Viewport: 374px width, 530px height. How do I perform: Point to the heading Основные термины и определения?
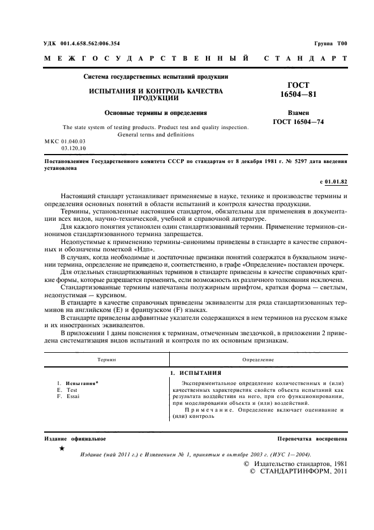pyautogui.click(x=156, y=113)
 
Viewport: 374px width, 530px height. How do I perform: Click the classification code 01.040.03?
pyautogui.click(x=70, y=140)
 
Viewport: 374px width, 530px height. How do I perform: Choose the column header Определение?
pyautogui.click(x=258, y=359)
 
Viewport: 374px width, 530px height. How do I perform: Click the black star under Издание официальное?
pyautogui.click(x=62, y=448)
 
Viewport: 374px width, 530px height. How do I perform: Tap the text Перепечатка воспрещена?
pyautogui.click(x=312, y=439)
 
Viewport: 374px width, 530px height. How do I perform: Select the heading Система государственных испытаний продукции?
pyautogui.click(x=156, y=76)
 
